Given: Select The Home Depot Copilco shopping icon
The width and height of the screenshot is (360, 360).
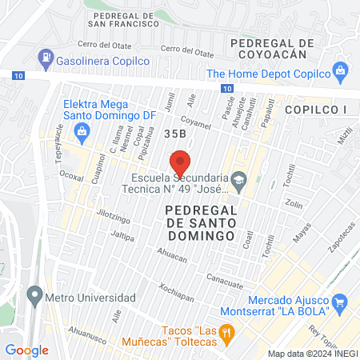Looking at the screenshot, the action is pos(341,71).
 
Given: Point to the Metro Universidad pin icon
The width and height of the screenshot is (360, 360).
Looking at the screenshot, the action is pos(34,297).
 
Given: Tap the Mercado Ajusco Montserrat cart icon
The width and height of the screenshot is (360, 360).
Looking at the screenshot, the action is pos(339,302).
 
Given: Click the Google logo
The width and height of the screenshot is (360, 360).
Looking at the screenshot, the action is pos(26,350).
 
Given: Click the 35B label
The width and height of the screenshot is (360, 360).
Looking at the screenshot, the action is pos(176,134).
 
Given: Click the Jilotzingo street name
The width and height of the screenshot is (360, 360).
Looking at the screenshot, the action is pos(91,217).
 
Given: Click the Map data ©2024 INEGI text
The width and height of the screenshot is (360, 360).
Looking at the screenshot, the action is pos(313,354).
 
